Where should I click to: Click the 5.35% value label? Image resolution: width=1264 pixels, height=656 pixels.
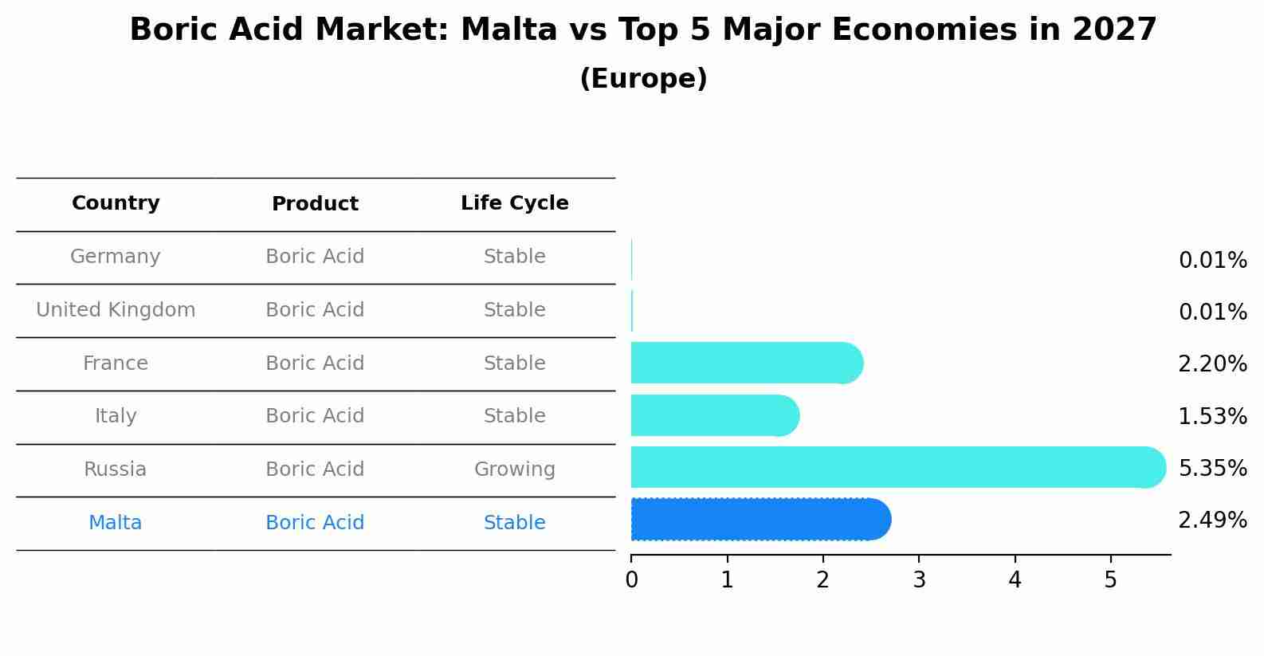(x=1212, y=468)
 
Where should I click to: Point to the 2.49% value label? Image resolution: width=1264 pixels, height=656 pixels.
(x=1212, y=520)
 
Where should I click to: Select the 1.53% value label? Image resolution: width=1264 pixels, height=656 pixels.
(x=1212, y=416)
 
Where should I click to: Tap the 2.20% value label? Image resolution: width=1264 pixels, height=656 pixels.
(x=1212, y=364)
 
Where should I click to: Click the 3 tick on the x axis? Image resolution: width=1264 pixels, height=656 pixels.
(x=919, y=580)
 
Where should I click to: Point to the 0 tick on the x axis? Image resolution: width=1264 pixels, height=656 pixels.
(x=631, y=580)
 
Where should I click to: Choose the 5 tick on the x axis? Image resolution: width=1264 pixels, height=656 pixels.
(x=1110, y=580)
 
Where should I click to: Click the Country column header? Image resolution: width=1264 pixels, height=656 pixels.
(x=116, y=203)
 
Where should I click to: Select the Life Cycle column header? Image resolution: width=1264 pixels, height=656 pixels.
(x=514, y=203)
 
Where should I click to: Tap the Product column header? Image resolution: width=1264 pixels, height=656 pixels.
(x=315, y=204)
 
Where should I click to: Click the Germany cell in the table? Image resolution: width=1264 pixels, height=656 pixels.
(x=116, y=257)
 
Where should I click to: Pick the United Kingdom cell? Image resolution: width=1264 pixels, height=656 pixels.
(x=116, y=310)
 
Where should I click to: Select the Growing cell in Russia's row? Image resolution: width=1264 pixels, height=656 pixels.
(x=514, y=469)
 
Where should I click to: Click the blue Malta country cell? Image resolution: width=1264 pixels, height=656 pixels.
(x=116, y=523)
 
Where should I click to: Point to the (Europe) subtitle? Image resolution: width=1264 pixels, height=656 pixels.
(x=643, y=79)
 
